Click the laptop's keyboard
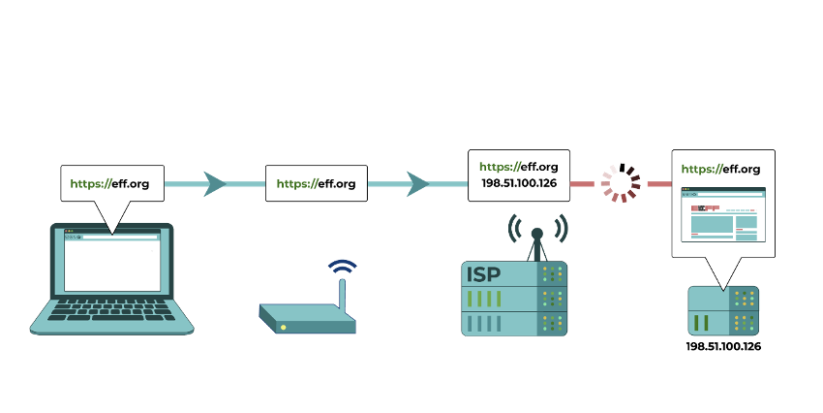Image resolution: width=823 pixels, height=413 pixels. tap(111, 310)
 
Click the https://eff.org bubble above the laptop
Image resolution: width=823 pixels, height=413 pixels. tap(112, 183)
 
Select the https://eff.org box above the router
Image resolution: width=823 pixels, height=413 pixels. tap(317, 183)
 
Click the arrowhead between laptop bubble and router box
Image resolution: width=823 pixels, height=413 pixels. tap(214, 184)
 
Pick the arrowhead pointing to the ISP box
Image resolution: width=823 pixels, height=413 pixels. tap(418, 184)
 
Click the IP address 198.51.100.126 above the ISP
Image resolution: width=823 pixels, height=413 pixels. tap(519, 183)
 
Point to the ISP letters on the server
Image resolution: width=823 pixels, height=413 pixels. tap(483, 273)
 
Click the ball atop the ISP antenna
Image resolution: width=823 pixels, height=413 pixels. tap(537, 234)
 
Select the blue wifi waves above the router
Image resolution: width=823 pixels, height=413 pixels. tap(342, 267)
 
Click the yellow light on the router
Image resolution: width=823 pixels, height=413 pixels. tap(284, 328)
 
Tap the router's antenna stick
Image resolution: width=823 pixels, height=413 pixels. tap(342, 297)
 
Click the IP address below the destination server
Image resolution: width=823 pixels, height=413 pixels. tap(723, 346)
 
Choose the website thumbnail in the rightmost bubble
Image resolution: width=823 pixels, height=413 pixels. tap(723, 214)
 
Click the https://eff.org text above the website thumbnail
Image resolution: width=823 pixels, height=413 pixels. tap(720, 170)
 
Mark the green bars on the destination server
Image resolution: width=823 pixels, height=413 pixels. tap(702, 323)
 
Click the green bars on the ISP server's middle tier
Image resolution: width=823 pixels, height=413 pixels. tap(484, 299)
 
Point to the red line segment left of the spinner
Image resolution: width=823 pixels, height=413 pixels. tap(582, 184)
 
